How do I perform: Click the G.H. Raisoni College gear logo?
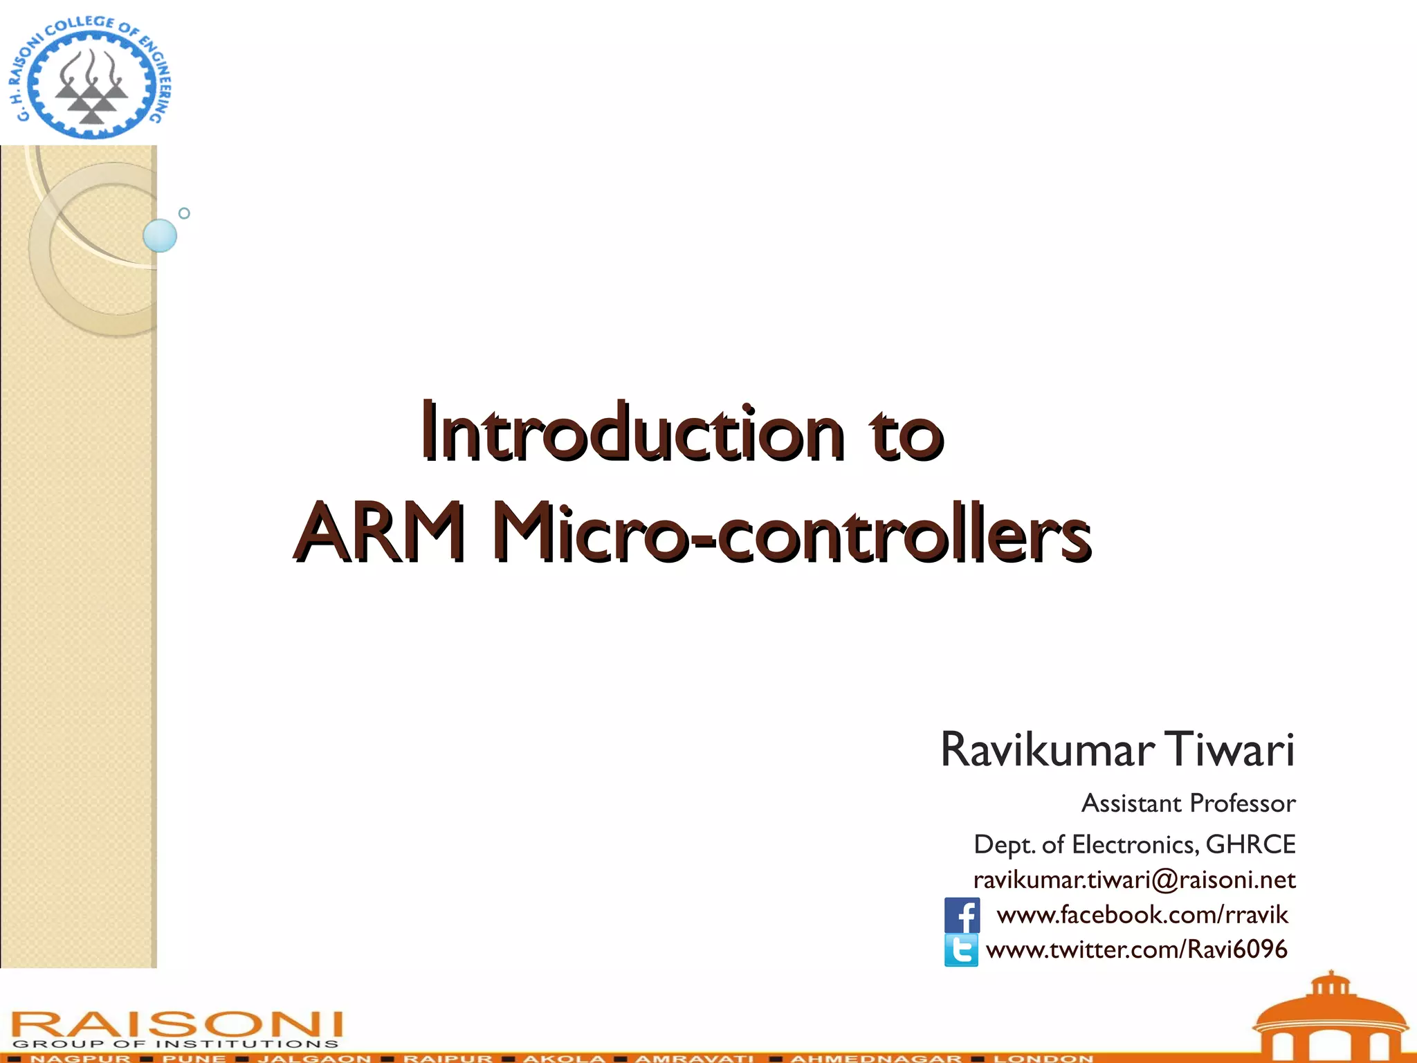tap(90, 76)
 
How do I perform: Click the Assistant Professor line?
tap(1188, 803)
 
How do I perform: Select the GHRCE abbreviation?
tap(1250, 844)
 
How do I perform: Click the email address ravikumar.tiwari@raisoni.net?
tap(1134, 880)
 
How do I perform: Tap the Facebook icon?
tap(962, 916)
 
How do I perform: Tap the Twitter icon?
tap(962, 950)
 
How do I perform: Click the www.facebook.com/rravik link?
tap(1142, 915)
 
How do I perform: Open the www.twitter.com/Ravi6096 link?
tap(1136, 950)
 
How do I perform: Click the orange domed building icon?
tap(1330, 1017)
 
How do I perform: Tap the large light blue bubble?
tap(160, 235)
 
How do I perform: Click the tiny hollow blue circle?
tap(184, 213)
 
